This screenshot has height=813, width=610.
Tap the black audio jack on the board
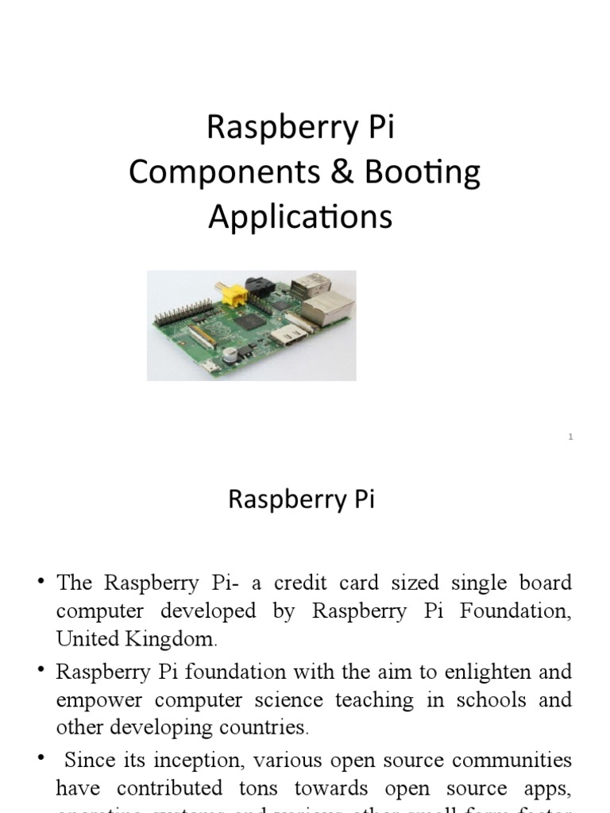coord(261,285)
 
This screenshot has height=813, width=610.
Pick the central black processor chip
coord(249,322)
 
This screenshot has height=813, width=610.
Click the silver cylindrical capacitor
coord(230,353)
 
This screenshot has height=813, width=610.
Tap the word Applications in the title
coord(300,216)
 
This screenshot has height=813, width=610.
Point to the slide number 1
coord(570,437)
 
